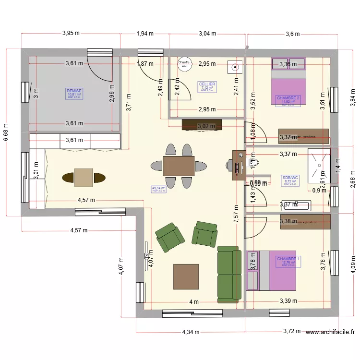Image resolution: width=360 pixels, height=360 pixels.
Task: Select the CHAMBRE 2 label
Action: click(288, 98)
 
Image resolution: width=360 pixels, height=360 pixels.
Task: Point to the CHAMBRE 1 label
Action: click(288, 259)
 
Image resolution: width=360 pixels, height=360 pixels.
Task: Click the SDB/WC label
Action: click(290, 178)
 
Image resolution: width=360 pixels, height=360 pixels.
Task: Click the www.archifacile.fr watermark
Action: click(330, 331)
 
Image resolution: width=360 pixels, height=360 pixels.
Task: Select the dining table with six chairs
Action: click(179, 166)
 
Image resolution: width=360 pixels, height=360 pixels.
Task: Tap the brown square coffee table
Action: click(186, 276)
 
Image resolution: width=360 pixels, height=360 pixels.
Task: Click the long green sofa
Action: click(229, 275)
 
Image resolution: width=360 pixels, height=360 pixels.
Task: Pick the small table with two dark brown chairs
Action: click(84, 177)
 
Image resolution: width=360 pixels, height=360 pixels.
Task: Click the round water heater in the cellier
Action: click(184, 64)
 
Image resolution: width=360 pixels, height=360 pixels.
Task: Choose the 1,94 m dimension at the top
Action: click(144, 34)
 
